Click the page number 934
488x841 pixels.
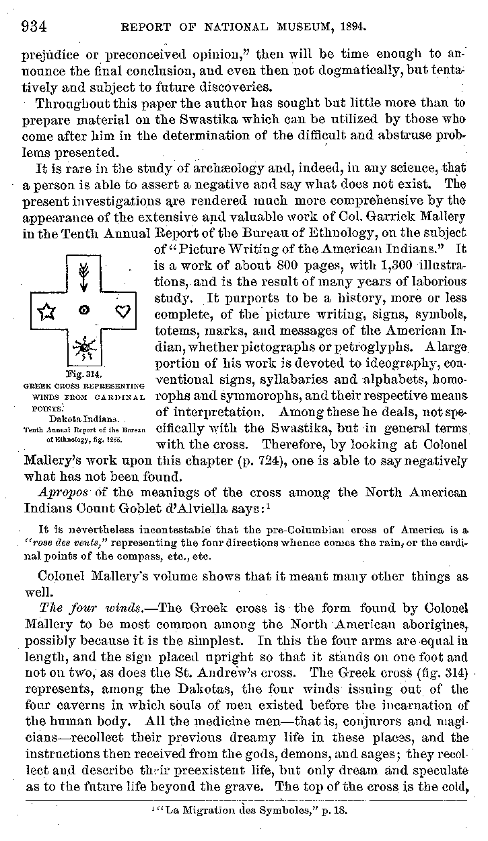(33, 26)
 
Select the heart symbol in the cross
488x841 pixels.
(122, 310)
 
